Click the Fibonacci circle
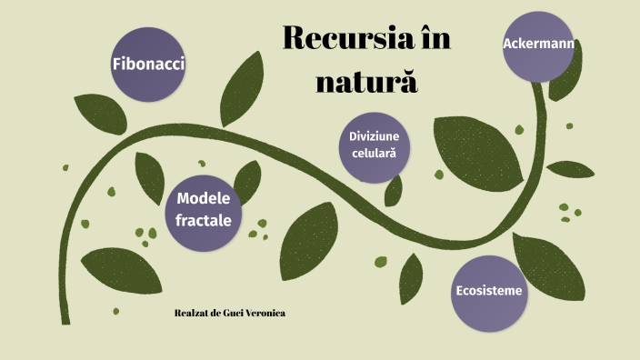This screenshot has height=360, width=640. [x=143, y=64]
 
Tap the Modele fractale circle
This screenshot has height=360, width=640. [x=204, y=209]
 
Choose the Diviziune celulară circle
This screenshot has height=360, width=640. [x=374, y=145]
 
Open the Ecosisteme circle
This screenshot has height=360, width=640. [x=488, y=292]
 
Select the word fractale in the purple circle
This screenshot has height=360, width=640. [x=204, y=220]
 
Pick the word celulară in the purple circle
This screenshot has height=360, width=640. [x=374, y=155]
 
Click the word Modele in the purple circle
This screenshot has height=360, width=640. [x=205, y=199]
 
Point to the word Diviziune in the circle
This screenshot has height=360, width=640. [x=374, y=136]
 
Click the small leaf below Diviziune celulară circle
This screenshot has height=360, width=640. [x=394, y=189]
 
